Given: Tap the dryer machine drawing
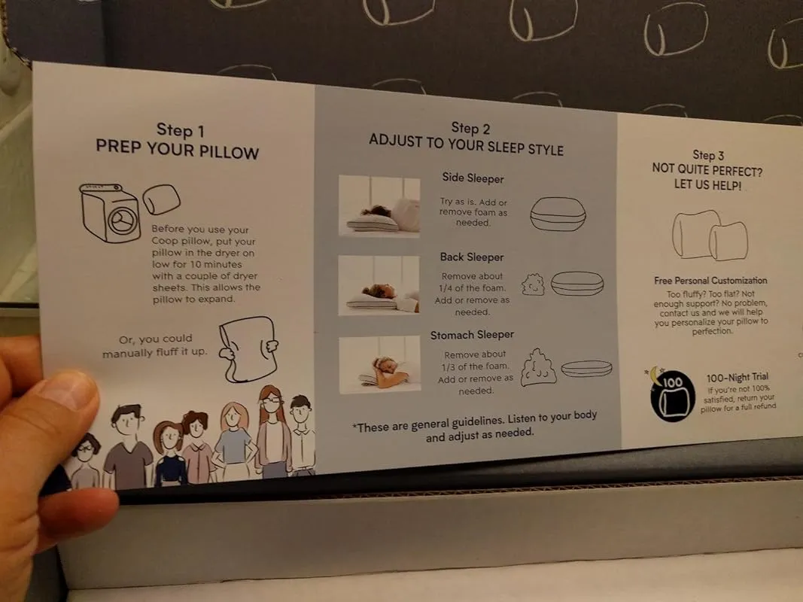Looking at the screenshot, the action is point(110,212).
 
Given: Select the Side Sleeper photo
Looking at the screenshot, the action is point(379,205).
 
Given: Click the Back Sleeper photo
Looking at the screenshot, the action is point(379,285).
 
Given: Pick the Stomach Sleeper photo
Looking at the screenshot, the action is point(380,364).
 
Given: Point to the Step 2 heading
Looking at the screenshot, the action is point(467,138).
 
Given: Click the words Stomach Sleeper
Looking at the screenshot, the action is point(472,335).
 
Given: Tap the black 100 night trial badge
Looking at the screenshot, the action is point(672,396).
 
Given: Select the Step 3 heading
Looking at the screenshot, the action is point(707,169).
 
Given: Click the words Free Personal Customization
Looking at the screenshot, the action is point(710,281).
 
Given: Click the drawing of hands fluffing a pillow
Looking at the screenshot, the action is point(249,350).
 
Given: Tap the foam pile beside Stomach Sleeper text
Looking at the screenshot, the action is point(538,367).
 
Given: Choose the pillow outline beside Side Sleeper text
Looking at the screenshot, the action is point(558,214).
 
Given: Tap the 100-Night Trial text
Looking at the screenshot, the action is point(738,377).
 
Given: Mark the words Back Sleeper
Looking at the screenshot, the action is point(472,257).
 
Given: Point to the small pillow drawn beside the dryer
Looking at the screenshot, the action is point(161,199).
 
